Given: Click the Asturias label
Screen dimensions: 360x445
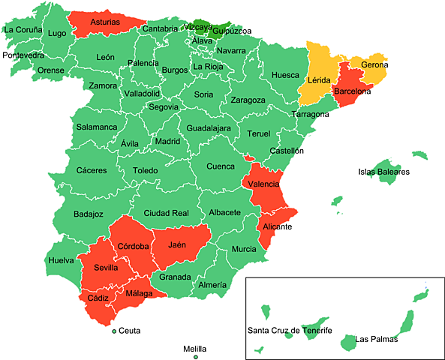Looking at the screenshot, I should coord(105,22).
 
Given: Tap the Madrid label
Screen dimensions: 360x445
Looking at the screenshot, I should coord(167,140).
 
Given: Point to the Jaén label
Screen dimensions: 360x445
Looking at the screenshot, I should coord(177,244).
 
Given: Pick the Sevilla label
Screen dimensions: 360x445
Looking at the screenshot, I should coord(106,268).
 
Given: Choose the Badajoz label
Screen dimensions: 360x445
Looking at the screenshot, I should coord(89,214).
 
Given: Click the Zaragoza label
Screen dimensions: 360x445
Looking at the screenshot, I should coord(248,100).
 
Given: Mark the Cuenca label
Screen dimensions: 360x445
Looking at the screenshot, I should coord(221,166).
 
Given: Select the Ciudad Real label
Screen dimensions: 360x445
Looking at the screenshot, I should coord(166,213).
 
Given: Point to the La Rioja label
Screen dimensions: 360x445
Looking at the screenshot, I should coord(208,67).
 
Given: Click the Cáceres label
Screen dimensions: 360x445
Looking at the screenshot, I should coord(92,170).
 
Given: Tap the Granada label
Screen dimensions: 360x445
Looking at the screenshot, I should coord(175,277).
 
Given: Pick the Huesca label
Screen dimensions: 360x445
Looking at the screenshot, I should coord(285,75).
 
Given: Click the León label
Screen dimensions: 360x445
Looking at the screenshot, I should coord(106,57).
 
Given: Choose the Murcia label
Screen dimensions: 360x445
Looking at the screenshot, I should coord(244,249).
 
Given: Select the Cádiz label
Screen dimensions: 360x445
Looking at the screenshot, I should coord(98,298).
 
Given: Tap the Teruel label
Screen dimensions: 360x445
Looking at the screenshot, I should coord(258,133).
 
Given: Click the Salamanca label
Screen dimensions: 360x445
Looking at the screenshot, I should coord(97,127).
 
